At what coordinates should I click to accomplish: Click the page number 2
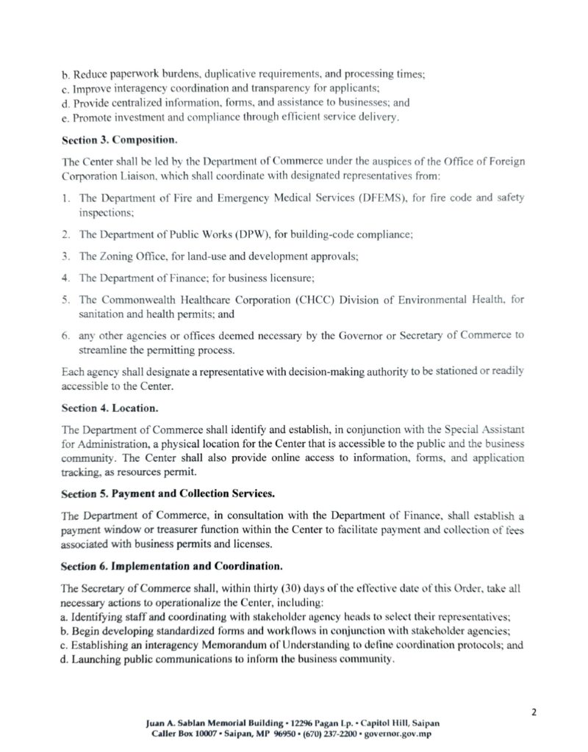point(534,711)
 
